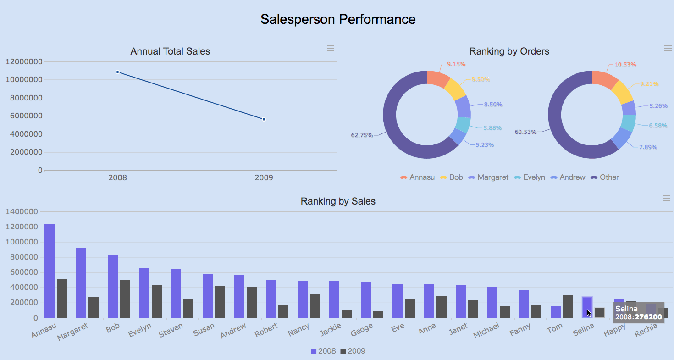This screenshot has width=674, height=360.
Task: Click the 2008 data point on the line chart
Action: (118, 72)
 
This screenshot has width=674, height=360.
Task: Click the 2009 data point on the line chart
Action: (264, 119)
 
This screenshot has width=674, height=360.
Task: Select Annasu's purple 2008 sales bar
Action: (50, 271)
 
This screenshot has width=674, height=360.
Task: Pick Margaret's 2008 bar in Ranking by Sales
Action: (81, 282)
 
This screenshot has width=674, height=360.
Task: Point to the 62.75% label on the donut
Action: (362, 135)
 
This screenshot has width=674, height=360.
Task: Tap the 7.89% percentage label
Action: (648, 147)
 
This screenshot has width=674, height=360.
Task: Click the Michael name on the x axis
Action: (486, 330)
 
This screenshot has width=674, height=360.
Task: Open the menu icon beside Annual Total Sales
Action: (331, 48)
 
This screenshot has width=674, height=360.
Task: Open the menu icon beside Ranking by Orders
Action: (668, 48)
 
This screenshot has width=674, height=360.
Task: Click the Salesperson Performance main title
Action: (338, 19)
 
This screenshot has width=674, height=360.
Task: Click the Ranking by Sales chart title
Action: (338, 201)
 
